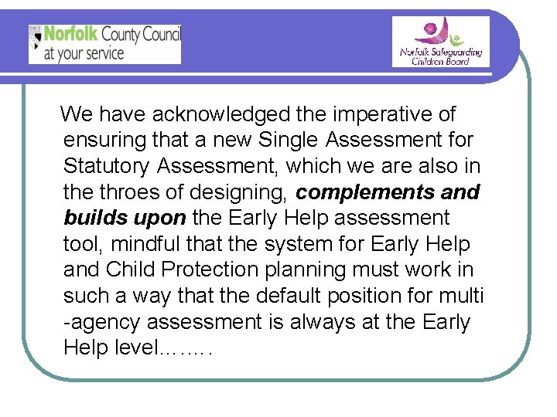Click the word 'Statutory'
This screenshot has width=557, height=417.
tap(108, 166)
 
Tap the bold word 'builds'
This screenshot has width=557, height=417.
tap(93, 218)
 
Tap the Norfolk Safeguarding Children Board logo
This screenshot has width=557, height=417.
tap(440, 42)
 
